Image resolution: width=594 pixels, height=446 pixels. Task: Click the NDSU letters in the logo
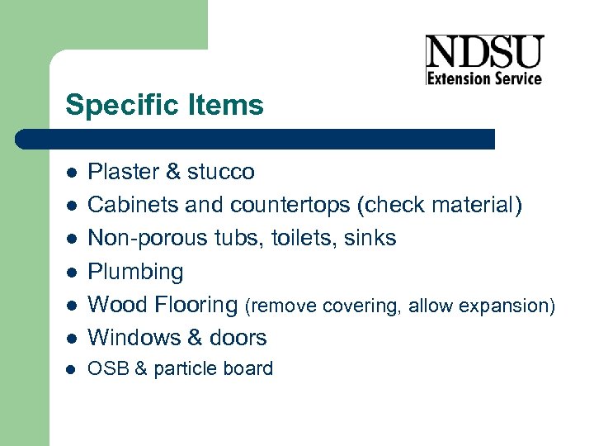click(484, 53)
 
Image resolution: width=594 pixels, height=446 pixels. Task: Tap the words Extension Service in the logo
click(484, 78)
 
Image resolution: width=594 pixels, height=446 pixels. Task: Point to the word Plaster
click(123, 172)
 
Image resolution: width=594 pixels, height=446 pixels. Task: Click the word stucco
click(221, 172)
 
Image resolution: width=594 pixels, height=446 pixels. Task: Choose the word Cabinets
click(127, 205)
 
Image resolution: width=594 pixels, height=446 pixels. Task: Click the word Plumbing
click(135, 272)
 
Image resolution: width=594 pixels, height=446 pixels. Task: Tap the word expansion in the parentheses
click(507, 306)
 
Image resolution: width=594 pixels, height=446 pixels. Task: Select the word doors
click(238, 337)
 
